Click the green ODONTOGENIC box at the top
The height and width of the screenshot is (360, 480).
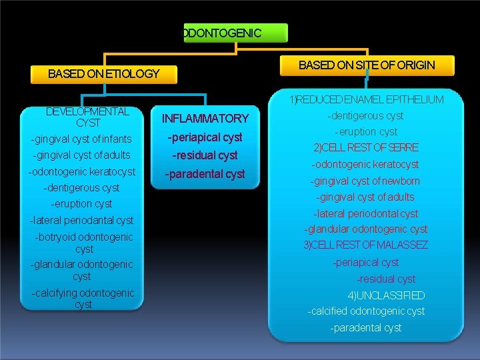point(235,33)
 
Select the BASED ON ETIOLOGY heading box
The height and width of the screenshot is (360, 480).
point(104,73)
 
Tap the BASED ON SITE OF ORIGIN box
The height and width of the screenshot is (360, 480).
point(367,65)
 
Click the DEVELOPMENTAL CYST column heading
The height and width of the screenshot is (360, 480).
point(87,117)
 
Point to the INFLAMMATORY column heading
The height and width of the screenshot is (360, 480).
point(205,119)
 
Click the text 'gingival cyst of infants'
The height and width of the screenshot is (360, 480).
point(81,139)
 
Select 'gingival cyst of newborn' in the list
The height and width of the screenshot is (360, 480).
point(365,181)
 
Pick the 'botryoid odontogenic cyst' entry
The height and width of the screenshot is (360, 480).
point(84,243)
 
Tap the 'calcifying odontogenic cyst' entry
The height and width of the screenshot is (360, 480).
point(83,299)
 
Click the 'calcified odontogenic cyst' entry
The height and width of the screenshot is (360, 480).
point(366,311)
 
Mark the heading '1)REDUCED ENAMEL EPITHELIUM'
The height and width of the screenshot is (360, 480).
point(366,100)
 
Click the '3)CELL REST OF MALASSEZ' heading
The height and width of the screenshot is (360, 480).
point(365,245)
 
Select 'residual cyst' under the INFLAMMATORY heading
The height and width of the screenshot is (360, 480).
point(205,155)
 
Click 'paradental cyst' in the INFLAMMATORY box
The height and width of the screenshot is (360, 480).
point(205,174)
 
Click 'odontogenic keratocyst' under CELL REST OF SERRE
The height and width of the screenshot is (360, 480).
point(366,164)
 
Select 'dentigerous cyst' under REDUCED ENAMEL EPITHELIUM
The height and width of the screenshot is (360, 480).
point(366,116)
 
